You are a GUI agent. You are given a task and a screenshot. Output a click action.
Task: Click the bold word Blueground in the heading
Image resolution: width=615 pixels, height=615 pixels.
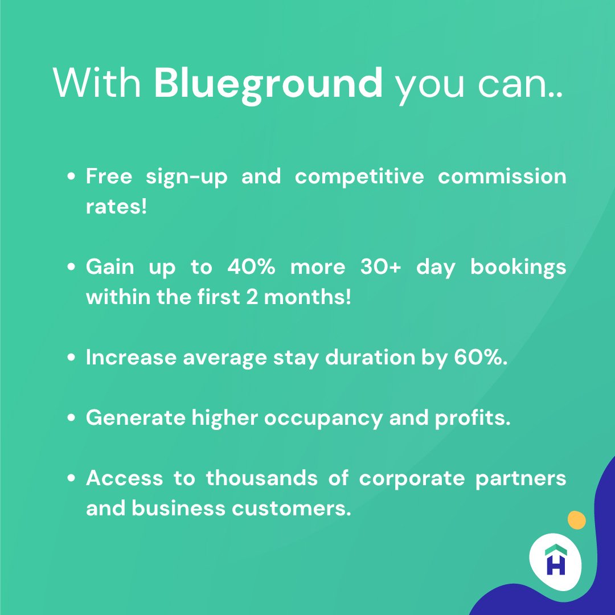[x=268, y=83]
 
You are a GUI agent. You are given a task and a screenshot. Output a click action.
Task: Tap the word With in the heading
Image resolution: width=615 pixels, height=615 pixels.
[x=97, y=83]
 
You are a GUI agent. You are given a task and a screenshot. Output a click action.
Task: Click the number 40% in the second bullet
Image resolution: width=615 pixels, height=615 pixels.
[x=251, y=268]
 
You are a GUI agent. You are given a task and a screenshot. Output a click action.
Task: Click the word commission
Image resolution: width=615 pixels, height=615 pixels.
[x=502, y=177]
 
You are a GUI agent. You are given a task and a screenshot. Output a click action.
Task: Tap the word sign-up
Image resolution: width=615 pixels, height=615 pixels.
[x=186, y=177]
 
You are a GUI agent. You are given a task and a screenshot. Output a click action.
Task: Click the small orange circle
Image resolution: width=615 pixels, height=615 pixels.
[x=576, y=520]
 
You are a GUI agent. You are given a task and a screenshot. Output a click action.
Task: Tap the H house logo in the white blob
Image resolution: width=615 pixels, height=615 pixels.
[x=556, y=560]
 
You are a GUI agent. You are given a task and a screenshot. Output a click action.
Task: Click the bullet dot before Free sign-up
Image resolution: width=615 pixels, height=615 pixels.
[x=72, y=177]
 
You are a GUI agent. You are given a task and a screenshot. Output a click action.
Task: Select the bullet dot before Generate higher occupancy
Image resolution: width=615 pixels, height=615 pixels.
[x=72, y=419]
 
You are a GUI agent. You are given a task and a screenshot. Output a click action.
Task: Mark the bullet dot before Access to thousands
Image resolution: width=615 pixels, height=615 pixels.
[x=72, y=479]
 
